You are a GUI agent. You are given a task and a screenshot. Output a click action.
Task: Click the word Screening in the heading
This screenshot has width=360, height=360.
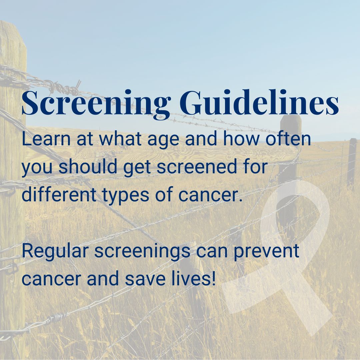(96, 104)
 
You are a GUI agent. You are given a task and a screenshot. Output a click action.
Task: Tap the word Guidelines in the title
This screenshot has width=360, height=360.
(259, 102)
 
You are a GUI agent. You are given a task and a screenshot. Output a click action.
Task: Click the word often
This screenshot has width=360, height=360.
(288, 139)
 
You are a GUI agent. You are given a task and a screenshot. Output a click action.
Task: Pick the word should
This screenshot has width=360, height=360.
(88, 166)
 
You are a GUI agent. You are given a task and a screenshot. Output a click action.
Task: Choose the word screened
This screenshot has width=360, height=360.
(197, 166)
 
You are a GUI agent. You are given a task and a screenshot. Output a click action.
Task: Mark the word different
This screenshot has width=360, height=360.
(59, 194)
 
